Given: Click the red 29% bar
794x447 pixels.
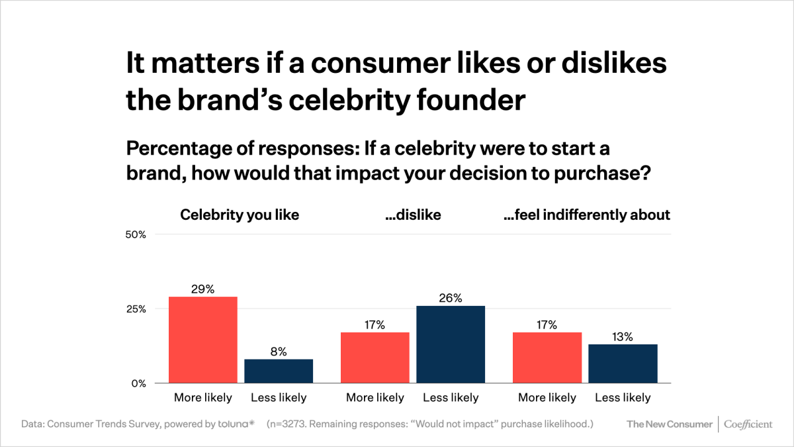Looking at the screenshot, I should coord(203,340).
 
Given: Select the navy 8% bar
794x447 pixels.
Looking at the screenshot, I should coord(279,371).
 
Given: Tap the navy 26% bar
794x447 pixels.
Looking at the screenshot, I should coord(451,344).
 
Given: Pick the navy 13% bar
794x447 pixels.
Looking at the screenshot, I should coord(623,364).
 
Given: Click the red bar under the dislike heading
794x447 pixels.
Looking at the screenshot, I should coord(375,358).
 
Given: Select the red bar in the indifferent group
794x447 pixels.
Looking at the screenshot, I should coord(547,358).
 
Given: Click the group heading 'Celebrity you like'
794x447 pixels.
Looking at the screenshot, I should coord(240,215).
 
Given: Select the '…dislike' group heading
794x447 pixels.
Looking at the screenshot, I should coord(413,215).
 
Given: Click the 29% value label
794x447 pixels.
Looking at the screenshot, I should coord(203,289).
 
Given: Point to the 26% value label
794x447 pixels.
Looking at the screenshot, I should coord(451,298).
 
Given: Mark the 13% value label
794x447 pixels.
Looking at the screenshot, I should coord(623,337).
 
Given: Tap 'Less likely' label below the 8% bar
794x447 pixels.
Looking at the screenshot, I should coord(279,398).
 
